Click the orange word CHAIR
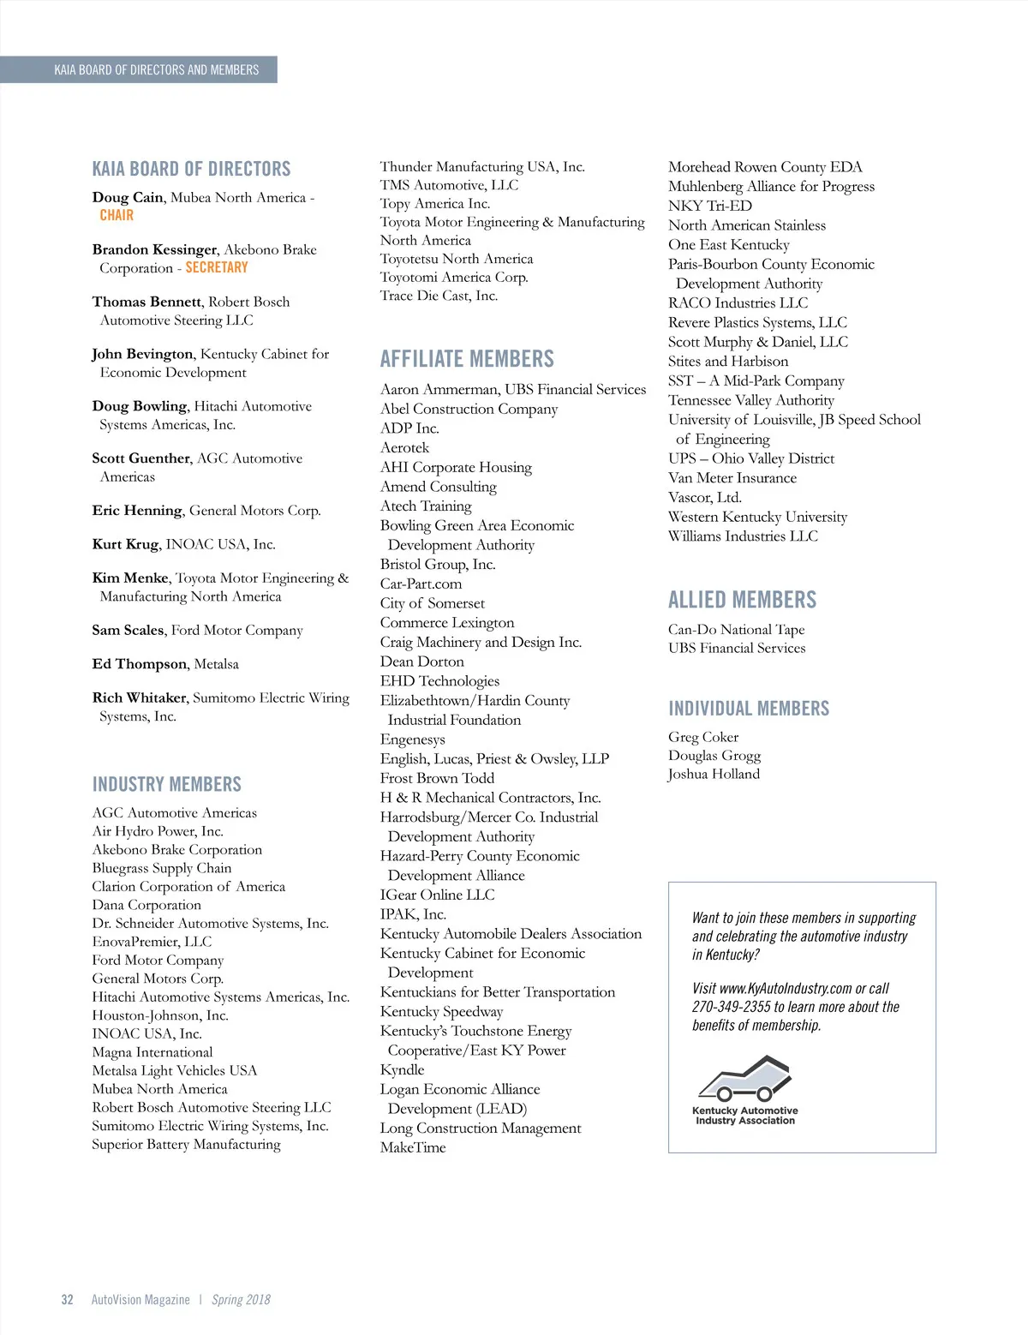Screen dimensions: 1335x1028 click(117, 215)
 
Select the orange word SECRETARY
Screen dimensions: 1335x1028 click(217, 267)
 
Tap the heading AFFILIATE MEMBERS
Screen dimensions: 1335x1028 click(467, 359)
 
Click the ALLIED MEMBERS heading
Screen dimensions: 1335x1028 click(742, 600)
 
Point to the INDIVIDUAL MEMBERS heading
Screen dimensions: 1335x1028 click(749, 709)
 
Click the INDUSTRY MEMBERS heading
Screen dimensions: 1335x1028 click(167, 784)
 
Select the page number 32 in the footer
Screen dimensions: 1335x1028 click(67, 1300)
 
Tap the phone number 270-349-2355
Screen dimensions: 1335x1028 click(731, 1007)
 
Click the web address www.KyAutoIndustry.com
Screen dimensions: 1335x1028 click(786, 988)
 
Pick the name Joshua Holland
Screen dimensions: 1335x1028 click(714, 774)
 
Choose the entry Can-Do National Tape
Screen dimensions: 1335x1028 click(736, 629)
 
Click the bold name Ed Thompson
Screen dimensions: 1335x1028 click(139, 664)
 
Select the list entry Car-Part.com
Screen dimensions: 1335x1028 click(421, 584)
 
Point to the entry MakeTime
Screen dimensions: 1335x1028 click(413, 1147)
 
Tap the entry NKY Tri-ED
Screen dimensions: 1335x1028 click(710, 206)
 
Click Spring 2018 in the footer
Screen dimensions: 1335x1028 click(241, 1300)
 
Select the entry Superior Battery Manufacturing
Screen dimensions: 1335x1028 click(186, 1144)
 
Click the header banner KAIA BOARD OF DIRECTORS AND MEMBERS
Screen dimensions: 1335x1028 click(156, 69)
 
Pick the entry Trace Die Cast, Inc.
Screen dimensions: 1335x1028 click(439, 296)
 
